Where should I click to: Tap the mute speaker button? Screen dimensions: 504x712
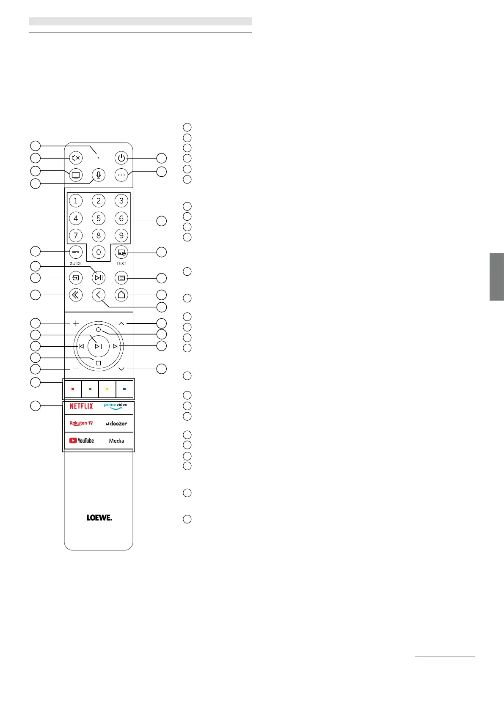pos(76,158)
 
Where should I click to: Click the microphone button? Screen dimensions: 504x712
pos(99,175)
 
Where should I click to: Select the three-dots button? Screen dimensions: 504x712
pos(121,175)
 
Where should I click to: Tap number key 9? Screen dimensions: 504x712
pos(121,236)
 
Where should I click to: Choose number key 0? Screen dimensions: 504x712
pos(99,252)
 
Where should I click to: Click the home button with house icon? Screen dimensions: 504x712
pos(121,295)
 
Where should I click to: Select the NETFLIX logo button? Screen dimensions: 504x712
pos(81,406)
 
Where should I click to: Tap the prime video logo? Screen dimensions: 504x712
pos(116,406)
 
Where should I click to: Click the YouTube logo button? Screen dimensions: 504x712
pos(81,441)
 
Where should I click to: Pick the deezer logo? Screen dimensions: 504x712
pos(116,423)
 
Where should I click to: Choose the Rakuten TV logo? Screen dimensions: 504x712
pos(81,423)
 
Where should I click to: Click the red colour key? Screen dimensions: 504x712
pos(73,389)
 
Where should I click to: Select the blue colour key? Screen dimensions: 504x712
pos(124,389)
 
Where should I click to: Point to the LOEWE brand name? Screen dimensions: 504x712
pos(99,518)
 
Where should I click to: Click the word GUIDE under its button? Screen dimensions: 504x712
pos(76,263)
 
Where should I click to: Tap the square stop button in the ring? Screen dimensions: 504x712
pos(98,363)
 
